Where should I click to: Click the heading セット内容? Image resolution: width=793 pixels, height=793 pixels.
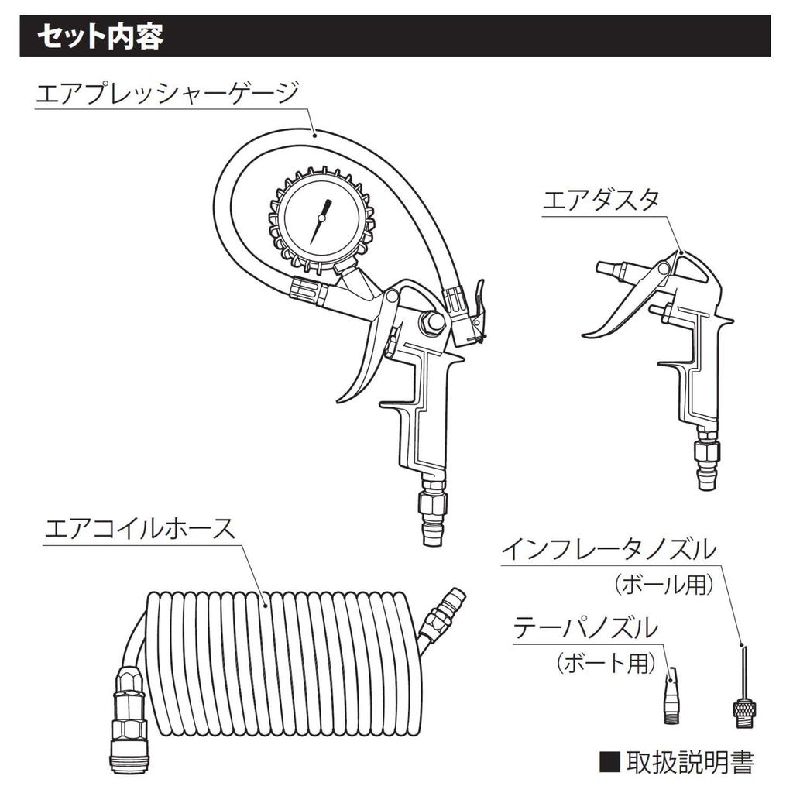[101, 36]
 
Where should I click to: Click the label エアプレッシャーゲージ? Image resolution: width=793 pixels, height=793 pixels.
[166, 94]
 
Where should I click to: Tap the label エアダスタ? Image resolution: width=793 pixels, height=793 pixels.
[600, 201]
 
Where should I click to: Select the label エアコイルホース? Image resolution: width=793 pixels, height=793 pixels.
[139, 529]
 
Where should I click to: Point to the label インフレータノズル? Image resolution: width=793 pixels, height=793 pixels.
[608, 551]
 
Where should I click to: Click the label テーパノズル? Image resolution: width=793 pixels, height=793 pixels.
[586, 627]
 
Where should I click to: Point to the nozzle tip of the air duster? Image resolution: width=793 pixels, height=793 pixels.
[608, 270]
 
